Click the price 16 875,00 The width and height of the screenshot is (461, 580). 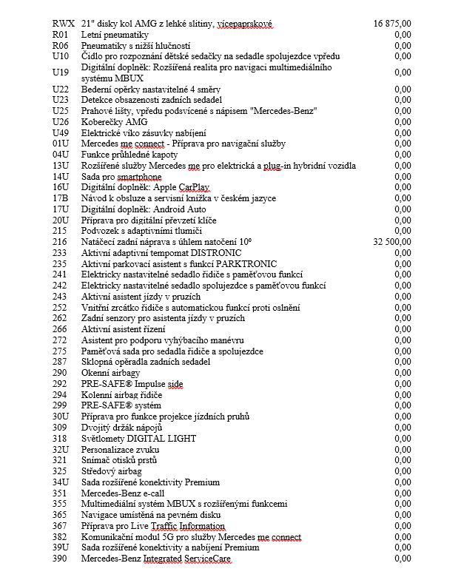[x=393, y=24]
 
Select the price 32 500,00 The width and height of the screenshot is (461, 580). [x=393, y=242]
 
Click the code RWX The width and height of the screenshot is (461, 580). [x=64, y=24]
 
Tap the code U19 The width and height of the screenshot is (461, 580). [x=61, y=72]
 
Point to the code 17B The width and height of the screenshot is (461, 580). [x=61, y=198]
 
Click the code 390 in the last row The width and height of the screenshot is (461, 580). [x=61, y=559]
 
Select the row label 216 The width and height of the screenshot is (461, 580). [x=61, y=242]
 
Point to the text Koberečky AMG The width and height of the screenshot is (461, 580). [x=114, y=122]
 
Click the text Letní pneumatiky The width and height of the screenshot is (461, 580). [x=115, y=35]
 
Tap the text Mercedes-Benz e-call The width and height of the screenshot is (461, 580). [x=123, y=493]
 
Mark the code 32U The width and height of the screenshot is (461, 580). [x=61, y=449]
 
